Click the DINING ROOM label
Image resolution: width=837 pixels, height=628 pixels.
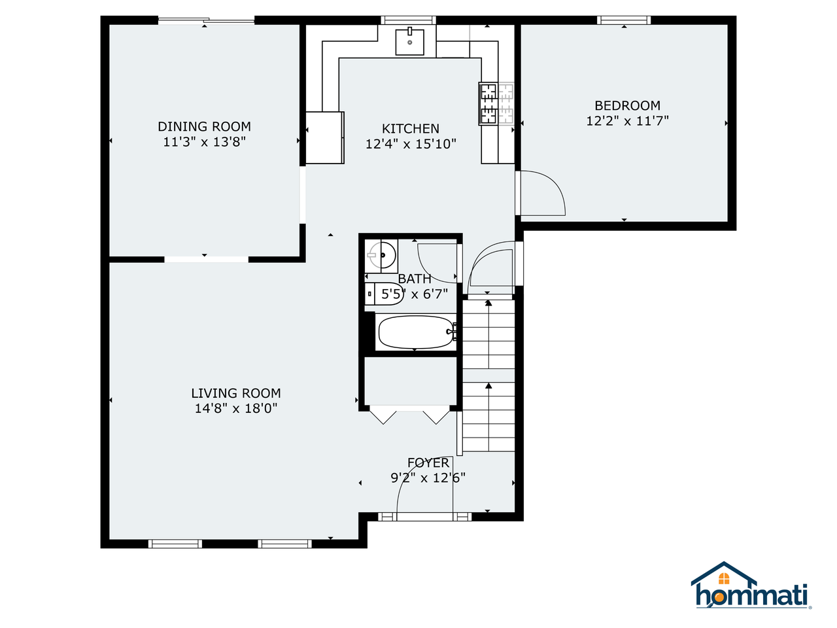(204, 126)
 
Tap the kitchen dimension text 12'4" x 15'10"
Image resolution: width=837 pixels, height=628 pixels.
(411, 144)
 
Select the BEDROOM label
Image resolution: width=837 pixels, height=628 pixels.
(627, 105)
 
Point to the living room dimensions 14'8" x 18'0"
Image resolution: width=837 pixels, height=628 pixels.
(235, 408)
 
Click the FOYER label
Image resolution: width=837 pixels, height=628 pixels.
(428, 462)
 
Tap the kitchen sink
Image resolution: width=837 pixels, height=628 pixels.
(410, 42)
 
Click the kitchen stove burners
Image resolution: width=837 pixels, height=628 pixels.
(489, 104)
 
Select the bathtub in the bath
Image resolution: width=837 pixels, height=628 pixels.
(416, 332)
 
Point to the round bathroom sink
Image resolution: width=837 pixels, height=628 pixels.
(383, 255)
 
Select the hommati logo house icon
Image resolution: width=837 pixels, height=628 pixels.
(724, 576)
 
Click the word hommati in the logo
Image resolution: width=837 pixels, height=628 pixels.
(752, 596)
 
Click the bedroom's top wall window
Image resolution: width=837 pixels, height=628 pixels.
(624, 20)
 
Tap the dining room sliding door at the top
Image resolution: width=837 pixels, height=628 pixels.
(206, 21)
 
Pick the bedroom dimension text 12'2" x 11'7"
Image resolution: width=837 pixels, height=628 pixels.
(627, 120)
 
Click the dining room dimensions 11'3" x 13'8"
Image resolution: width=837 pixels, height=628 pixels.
(204, 142)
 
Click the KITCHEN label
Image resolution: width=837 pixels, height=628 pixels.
(411, 129)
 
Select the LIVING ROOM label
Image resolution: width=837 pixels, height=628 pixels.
(235, 393)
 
